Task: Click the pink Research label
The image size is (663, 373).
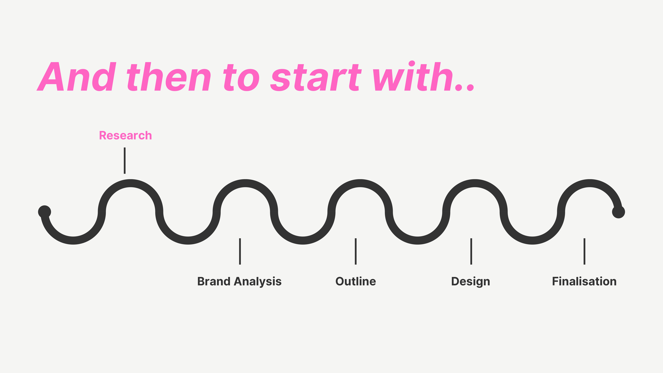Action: (125, 135)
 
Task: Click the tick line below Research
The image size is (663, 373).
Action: (125, 161)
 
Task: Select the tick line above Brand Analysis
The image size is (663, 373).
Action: (240, 251)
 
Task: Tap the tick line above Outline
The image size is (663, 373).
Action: (356, 251)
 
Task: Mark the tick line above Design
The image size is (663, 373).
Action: (471, 251)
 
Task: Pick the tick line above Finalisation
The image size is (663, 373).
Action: (585, 251)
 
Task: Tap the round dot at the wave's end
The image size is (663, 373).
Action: (618, 212)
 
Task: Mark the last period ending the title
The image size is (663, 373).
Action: (470, 87)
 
